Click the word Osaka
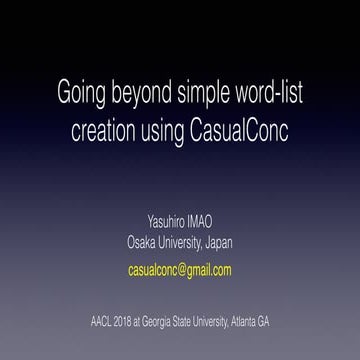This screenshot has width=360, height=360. pos(144,242)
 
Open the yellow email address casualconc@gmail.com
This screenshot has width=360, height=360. pos(180,270)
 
